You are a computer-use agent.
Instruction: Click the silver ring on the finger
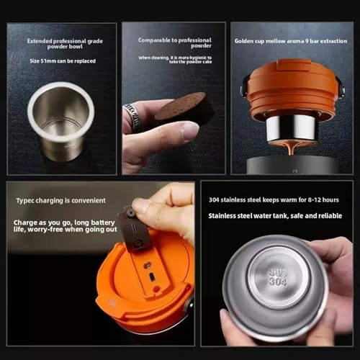[132, 115]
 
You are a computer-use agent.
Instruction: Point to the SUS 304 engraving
[277, 276]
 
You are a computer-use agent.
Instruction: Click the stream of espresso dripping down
[292, 149]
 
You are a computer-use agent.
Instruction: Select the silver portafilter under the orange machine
[291, 127]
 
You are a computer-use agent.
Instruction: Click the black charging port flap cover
[135, 229]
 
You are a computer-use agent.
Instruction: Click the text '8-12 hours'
[325, 200]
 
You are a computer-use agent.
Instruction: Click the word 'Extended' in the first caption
[41, 41]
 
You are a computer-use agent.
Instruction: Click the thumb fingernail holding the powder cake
[189, 130]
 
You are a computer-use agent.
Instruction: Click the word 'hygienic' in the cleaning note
[197, 57]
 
